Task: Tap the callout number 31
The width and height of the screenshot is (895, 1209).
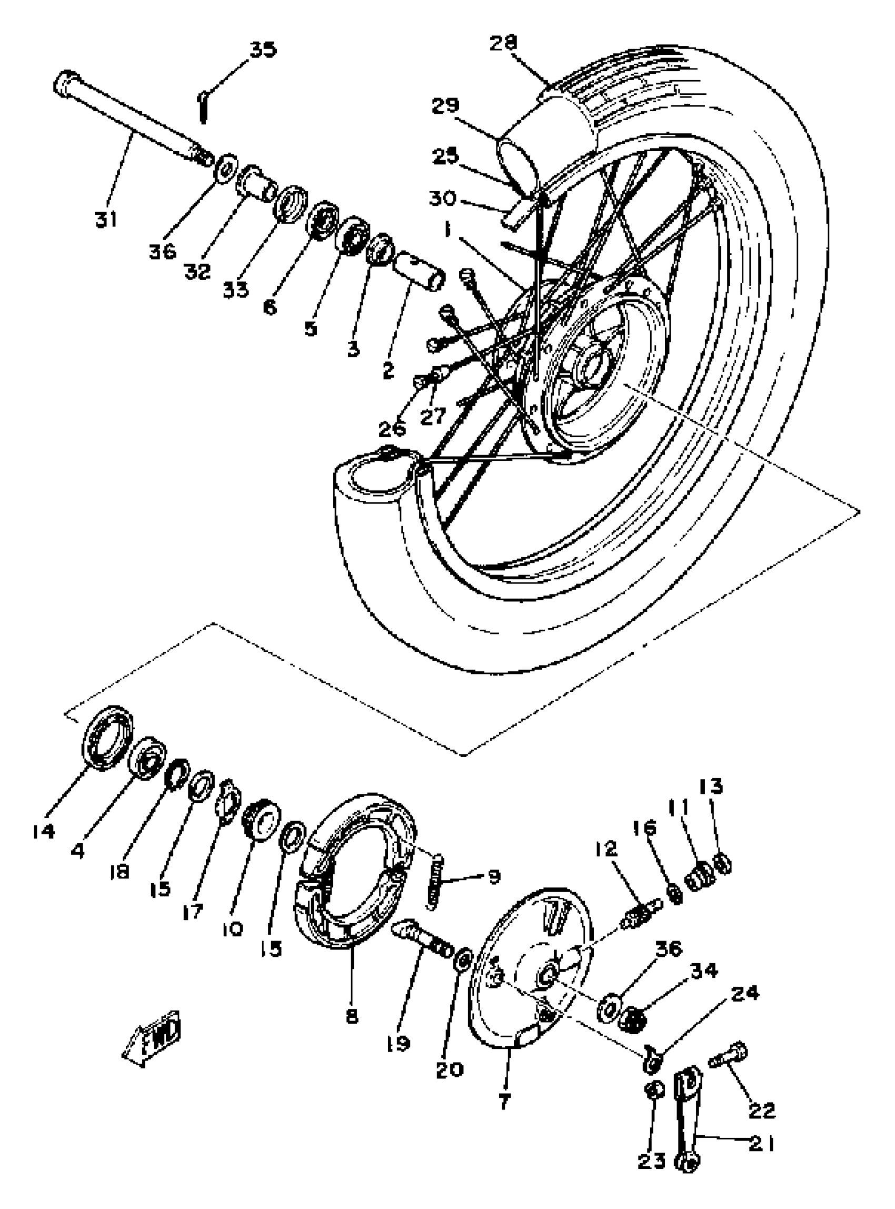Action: coord(106,220)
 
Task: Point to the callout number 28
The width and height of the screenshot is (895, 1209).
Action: coord(503,43)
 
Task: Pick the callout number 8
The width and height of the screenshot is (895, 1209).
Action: coord(352,1017)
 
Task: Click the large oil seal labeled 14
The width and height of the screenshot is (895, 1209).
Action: coord(107,738)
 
